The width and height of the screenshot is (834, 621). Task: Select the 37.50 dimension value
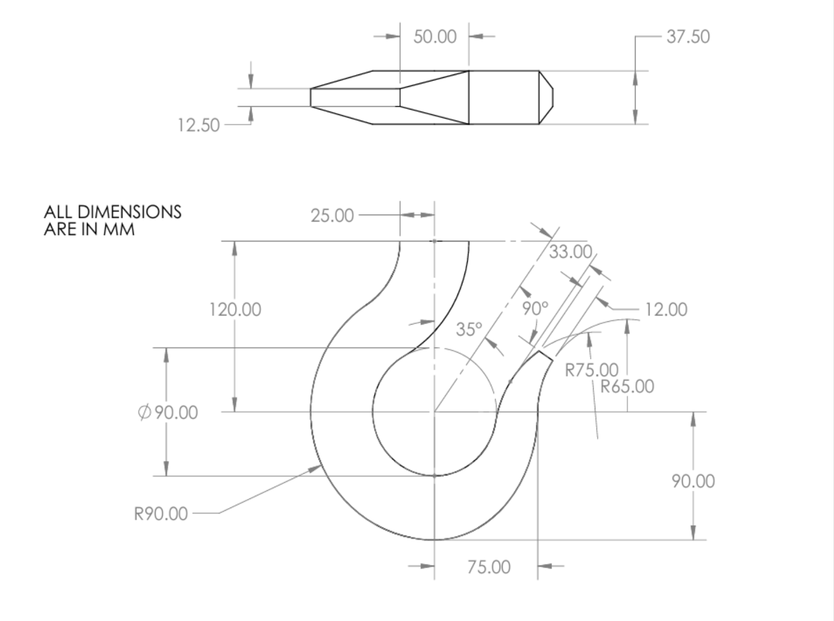[688, 37]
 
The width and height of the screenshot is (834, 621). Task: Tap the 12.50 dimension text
[198, 125]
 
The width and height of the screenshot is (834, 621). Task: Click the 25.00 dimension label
[332, 216]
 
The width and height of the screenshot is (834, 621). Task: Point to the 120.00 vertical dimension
[235, 310]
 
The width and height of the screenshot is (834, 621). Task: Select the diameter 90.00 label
[168, 412]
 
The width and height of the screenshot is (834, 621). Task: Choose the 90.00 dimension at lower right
[693, 482]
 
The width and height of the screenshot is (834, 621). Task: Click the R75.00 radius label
[591, 370]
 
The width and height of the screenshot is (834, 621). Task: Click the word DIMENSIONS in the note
[129, 212]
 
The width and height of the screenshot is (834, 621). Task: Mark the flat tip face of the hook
[546, 356]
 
